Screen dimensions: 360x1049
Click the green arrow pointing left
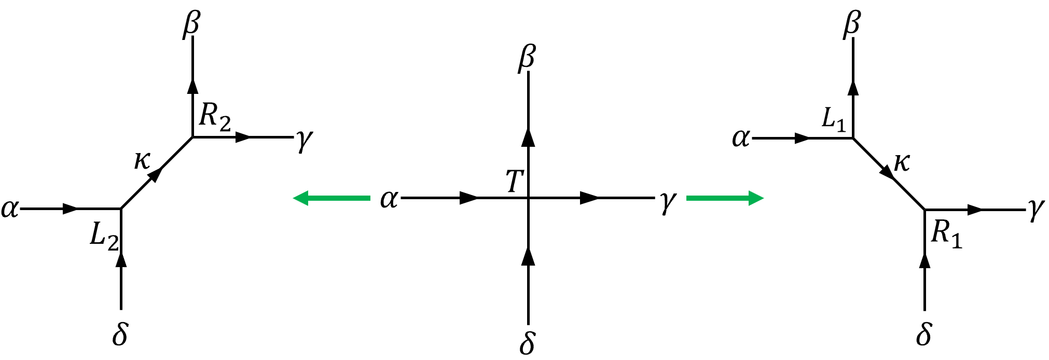[332, 198]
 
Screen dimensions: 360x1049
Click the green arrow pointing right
[725, 198]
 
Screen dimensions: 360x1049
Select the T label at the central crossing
[514, 182]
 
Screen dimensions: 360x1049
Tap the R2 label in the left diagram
[215, 117]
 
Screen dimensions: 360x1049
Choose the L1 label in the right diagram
[834, 119]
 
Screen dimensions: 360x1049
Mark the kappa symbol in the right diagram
[902, 163]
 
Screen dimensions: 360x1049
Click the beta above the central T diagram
[527, 58]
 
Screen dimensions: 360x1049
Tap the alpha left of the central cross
[389, 199]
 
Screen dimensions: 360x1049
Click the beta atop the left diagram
[191, 25]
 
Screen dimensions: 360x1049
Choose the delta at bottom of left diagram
[120, 335]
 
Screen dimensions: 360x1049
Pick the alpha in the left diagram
[10, 209]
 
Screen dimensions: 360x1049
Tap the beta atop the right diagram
[852, 24]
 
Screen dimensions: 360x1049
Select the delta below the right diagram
[923, 335]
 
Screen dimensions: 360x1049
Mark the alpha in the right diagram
[741, 139]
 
